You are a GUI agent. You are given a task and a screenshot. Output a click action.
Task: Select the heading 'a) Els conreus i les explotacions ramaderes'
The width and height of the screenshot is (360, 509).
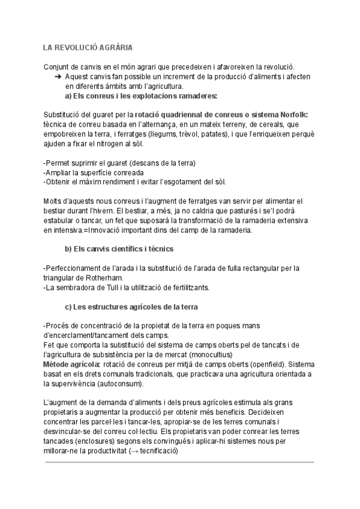(141, 95)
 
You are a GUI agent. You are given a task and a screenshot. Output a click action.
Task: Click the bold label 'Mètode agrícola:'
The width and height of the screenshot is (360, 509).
(71, 364)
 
